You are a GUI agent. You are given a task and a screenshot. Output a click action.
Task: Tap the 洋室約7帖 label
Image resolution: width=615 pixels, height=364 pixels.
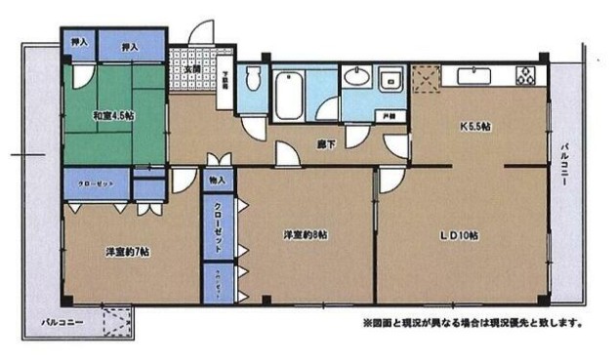pyautogui.click(x=128, y=252)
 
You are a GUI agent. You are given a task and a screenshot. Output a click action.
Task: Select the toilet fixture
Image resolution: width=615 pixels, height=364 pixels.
pyautogui.click(x=253, y=79)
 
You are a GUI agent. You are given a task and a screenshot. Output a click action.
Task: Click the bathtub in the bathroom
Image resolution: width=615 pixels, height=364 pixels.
pyautogui.click(x=290, y=97)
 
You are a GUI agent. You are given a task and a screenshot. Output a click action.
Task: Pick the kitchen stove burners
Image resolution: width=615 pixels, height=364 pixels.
pyautogui.click(x=524, y=73)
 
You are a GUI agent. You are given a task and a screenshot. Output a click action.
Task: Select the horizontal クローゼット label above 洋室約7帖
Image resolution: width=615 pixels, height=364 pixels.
pyautogui.click(x=98, y=182)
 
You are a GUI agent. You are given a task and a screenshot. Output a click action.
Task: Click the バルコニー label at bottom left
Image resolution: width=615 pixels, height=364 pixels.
pyautogui.click(x=61, y=319)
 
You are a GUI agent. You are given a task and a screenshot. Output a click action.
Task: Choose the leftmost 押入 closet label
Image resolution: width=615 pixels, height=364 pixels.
pyautogui.click(x=78, y=43)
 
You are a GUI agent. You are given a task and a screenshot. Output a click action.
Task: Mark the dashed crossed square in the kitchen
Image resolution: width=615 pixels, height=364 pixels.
pyautogui.click(x=426, y=76)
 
